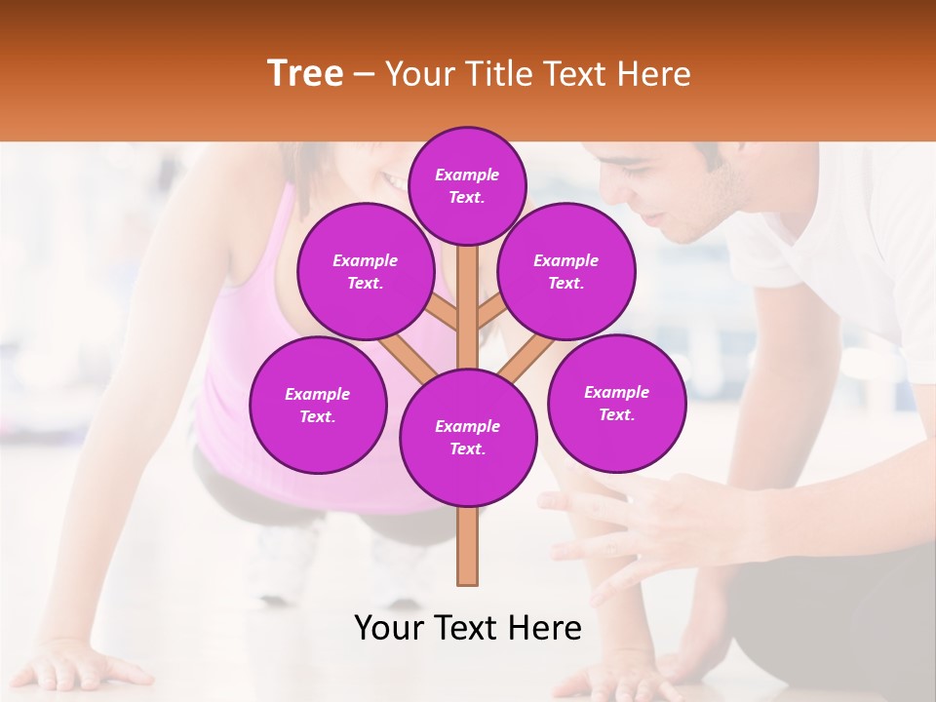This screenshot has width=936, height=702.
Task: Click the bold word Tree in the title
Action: (305, 73)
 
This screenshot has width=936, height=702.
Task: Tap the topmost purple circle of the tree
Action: (467, 185)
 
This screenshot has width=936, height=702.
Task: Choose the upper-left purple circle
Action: (366, 271)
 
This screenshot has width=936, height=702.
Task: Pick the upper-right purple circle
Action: (565, 271)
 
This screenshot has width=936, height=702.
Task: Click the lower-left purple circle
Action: (318, 405)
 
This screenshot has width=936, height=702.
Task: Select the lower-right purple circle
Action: (616, 403)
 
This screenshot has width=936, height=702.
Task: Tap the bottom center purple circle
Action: (468, 438)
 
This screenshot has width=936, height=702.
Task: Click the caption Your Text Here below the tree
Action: (468, 628)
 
